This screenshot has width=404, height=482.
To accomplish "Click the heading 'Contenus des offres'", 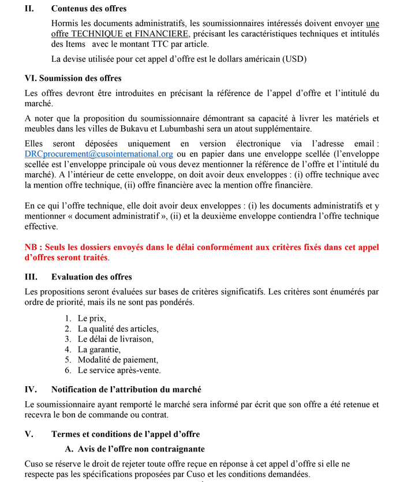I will [x=88, y=9].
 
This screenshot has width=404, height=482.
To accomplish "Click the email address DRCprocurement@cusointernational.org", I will [x=99, y=154].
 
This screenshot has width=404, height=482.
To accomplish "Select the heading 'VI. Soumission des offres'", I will [x=73, y=78].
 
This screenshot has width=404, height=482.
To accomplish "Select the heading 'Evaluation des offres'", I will [x=91, y=277].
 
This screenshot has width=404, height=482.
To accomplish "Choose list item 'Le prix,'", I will [x=92, y=318].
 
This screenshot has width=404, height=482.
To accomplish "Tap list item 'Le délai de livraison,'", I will [x=115, y=339].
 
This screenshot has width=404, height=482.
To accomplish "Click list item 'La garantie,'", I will [x=99, y=349].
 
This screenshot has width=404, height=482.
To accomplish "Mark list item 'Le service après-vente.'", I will [x=119, y=370].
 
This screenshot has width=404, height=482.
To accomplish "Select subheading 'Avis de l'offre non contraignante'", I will [x=141, y=449].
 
